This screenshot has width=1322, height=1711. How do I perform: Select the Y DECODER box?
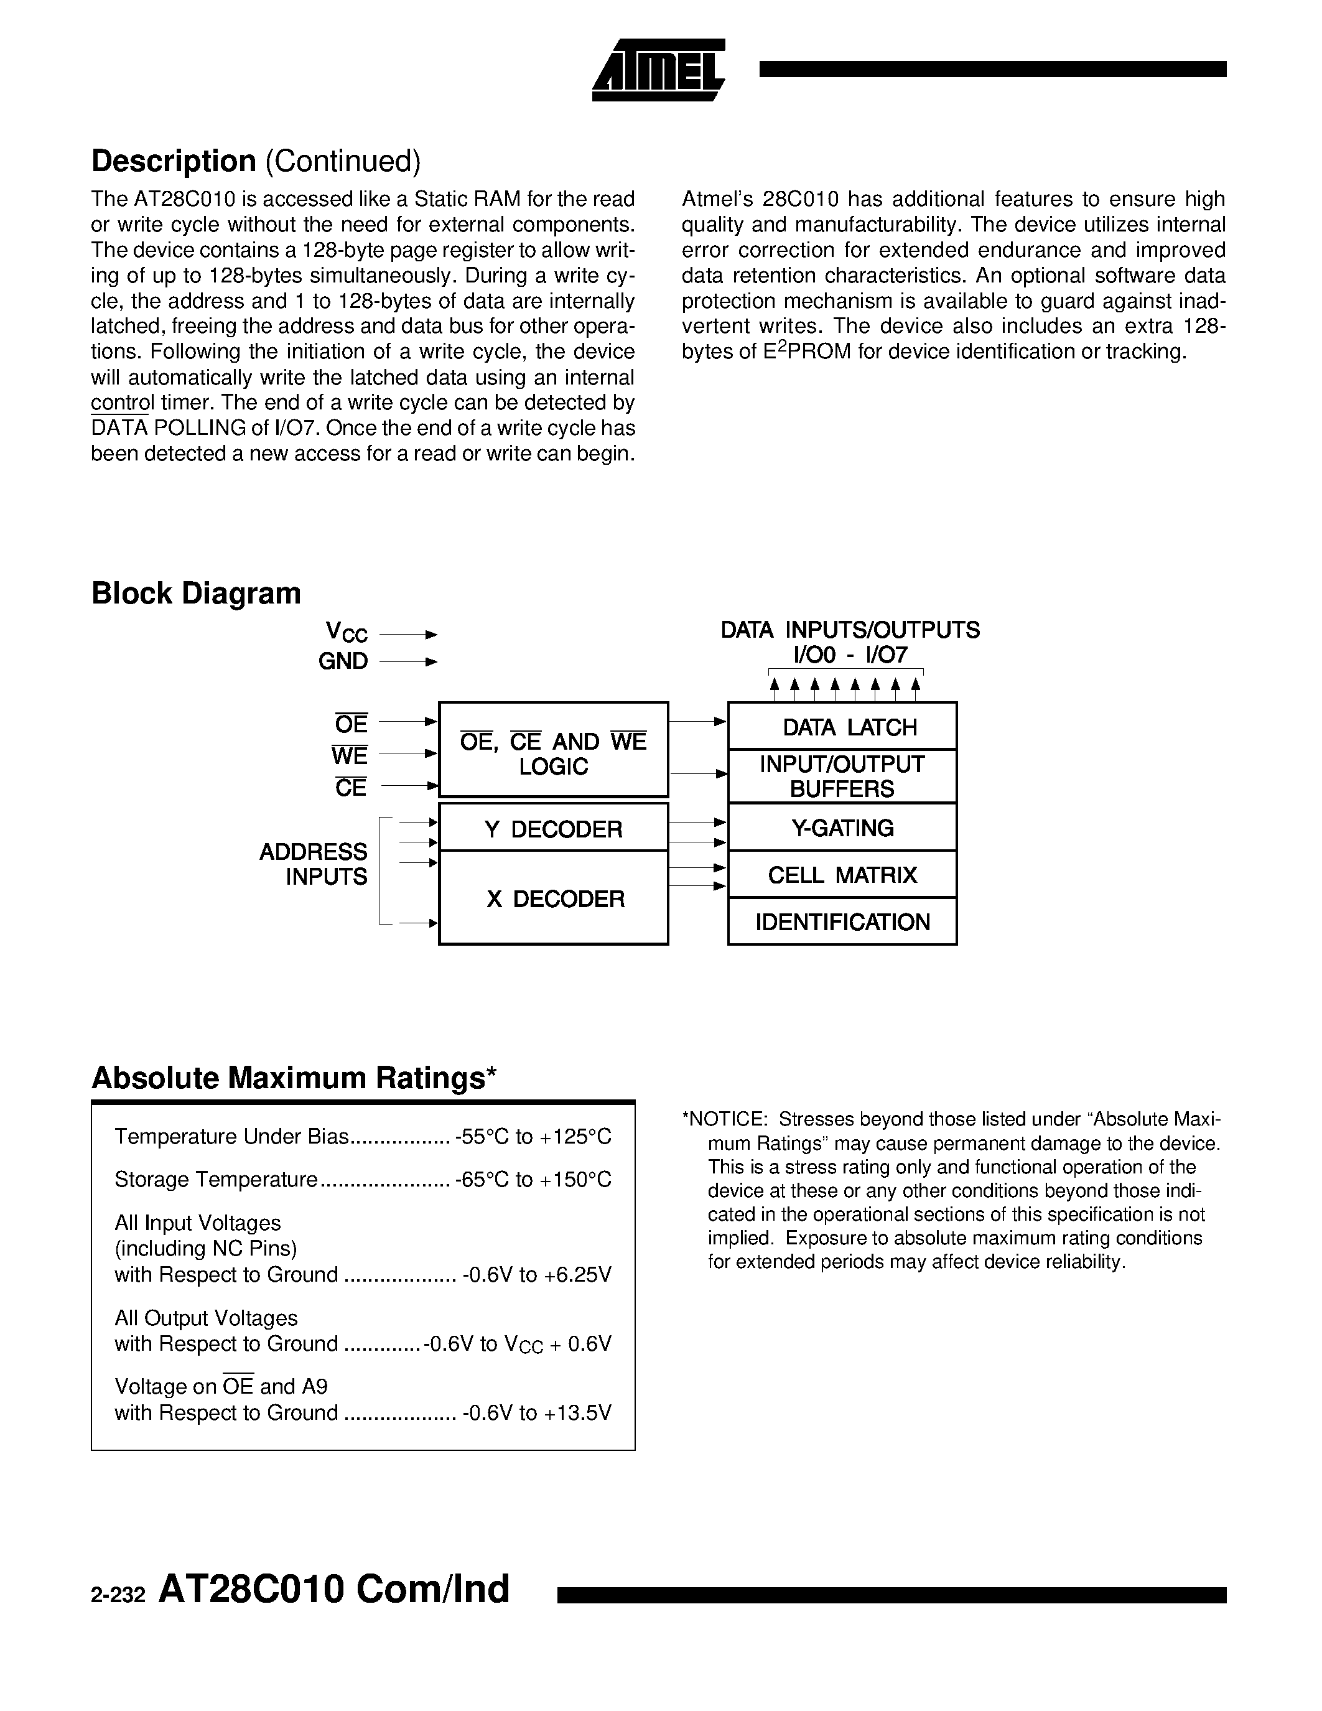[x=553, y=829]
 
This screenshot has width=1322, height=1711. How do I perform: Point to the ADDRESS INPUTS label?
[x=314, y=864]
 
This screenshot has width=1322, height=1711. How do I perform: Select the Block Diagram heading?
[x=197, y=593]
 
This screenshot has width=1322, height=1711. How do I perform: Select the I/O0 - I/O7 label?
[x=850, y=655]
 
